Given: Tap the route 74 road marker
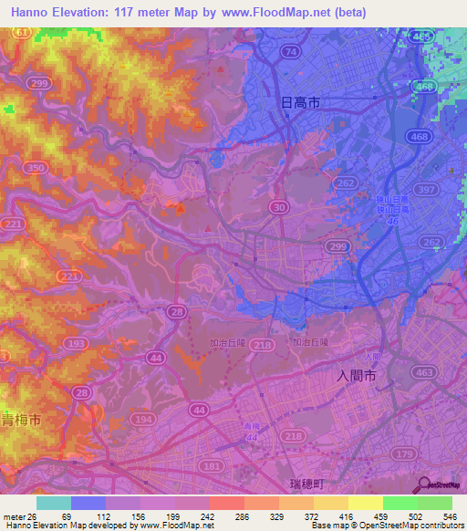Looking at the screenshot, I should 290,52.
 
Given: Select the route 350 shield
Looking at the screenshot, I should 36,168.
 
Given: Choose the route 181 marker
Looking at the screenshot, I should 213,466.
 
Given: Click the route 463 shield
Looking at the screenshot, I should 422,372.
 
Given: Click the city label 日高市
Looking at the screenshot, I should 297,104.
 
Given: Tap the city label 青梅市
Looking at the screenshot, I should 20,422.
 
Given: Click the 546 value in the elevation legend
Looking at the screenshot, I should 448,515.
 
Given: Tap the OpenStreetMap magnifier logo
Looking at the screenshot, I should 423,484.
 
